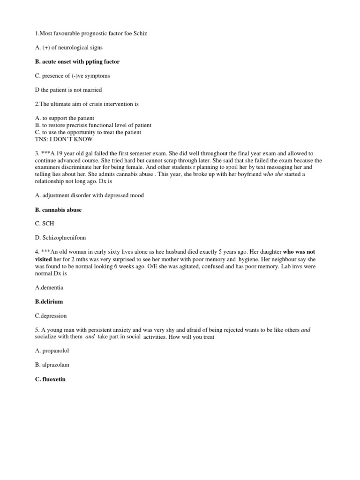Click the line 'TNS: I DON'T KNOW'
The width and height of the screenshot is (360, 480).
tap(64, 139)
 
